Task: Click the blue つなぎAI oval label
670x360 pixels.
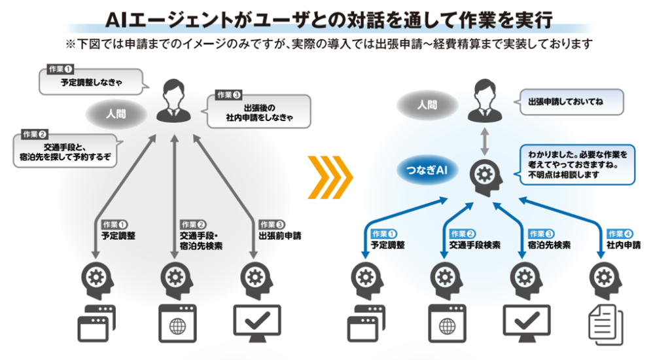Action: [427, 170]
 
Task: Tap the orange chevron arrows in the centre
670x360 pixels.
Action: [330, 177]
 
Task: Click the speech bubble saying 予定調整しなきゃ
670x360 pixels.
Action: [92, 82]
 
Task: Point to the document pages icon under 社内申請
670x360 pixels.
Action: [605, 325]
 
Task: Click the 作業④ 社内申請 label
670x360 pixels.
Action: [624, 240]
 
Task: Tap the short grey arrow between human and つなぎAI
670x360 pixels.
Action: [484, 141]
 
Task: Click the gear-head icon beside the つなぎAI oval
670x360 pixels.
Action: [486, 177]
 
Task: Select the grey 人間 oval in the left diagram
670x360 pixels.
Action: [116, 114]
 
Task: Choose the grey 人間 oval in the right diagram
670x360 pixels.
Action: [427, 105]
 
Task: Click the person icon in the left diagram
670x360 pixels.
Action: [173, 101]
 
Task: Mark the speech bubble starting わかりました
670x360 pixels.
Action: [577, 164]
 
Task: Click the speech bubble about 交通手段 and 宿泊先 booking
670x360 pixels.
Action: [66, 151]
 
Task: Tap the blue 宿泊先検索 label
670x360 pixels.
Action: [549, 240]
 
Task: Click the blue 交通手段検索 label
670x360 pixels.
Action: [474, 240]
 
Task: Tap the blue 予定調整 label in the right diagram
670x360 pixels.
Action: [387, 240]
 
